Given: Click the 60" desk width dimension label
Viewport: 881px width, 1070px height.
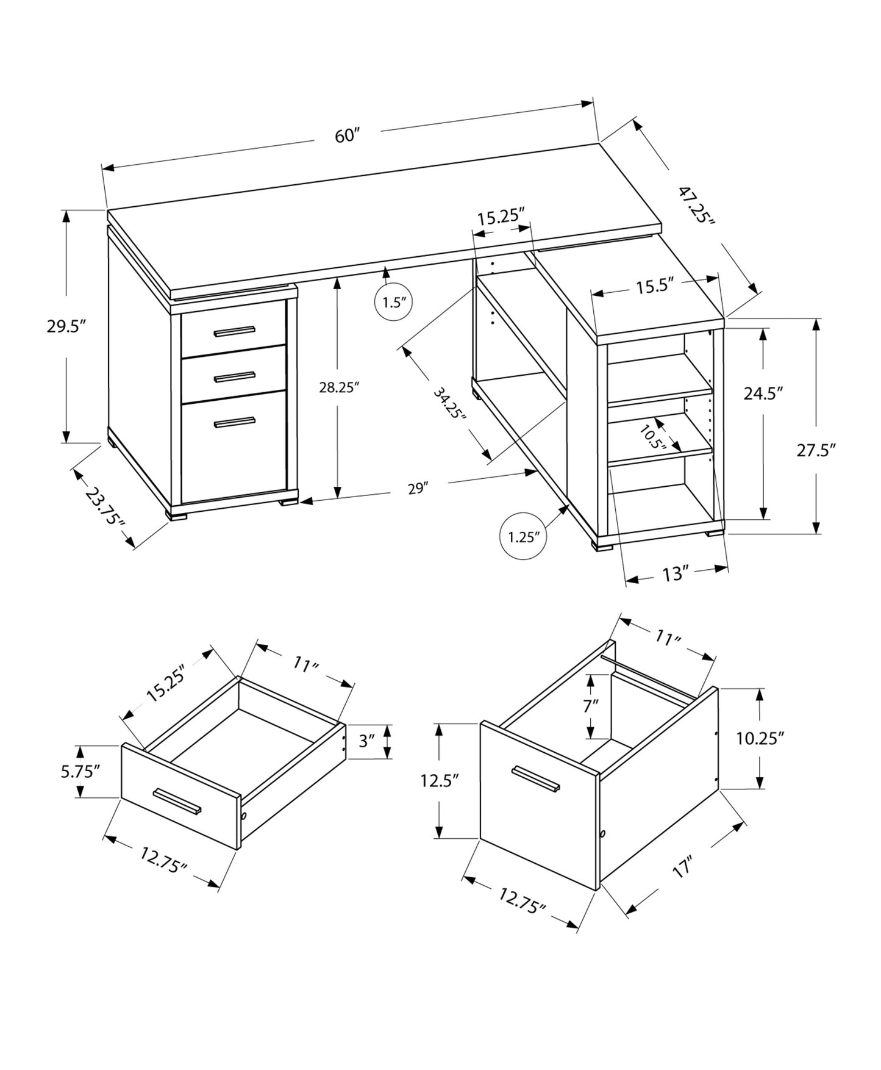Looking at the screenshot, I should click(348, 135).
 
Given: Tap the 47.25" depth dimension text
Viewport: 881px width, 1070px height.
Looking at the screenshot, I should click(697, 205).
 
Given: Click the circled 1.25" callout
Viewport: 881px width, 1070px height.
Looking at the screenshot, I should click(524, 537).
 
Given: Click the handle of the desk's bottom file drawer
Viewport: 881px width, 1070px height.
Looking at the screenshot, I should click(234, 422).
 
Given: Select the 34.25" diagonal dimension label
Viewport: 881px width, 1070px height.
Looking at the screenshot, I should click(449, 403).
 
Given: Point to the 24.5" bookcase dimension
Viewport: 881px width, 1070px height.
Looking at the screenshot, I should click(763, 393).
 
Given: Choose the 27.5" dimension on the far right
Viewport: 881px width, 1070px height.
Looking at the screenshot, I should click(815, 450).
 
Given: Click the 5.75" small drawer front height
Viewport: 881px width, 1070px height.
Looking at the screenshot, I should click(80, 772).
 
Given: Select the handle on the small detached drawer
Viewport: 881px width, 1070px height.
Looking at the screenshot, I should click(177, 801).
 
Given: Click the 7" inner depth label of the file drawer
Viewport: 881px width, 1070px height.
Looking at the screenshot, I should click(590, 706).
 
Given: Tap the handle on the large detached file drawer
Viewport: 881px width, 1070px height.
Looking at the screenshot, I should click(536, 780).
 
